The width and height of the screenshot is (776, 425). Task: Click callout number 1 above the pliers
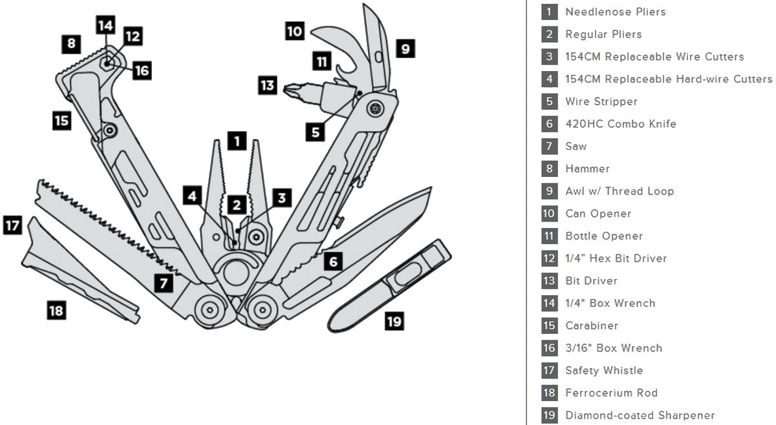click(x=237, y=140)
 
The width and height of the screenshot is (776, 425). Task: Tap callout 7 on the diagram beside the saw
click(x=164, y=282)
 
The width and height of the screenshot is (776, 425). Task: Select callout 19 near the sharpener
click(x=394, y=320)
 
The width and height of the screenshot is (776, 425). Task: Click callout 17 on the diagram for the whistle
click(x=12, y=225)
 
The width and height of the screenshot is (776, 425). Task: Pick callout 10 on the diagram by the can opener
click(x=295, y=30)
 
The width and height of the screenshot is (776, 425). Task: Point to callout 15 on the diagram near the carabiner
click(x=61, y=121)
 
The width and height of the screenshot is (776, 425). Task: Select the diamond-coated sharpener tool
click(x=388, y=287)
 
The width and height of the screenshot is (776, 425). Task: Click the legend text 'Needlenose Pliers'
click(x=615, y=12)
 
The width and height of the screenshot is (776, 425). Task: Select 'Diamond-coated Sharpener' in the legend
click(x=640, y=415)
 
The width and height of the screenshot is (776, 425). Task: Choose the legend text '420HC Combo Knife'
click(x=620, y=124)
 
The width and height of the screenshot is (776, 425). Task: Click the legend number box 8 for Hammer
click(x=550, y=169)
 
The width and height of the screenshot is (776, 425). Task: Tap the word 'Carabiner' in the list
click(x=591, y=326)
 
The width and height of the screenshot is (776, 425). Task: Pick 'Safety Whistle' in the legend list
click(x=604, y=371)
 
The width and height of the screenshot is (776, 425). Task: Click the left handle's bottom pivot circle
click(x=209, y=310)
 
